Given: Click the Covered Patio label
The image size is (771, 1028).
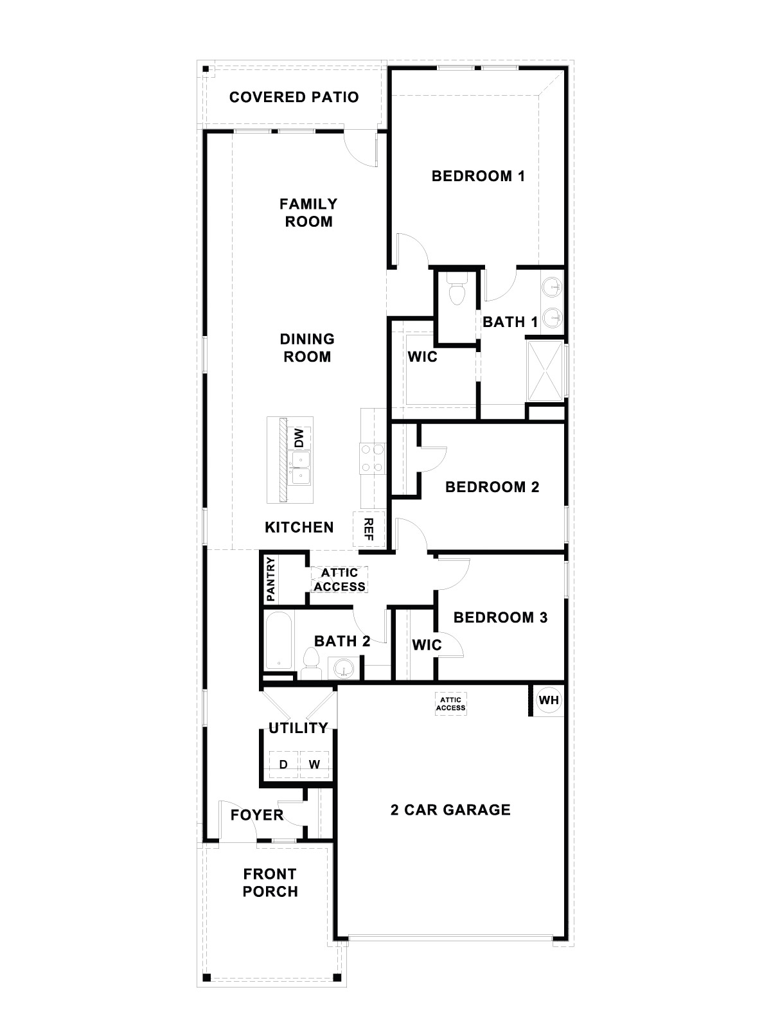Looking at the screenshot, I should [294, 97].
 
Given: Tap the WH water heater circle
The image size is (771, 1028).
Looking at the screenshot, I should [548, 700].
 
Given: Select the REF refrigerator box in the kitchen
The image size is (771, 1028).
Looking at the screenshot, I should [369, 529].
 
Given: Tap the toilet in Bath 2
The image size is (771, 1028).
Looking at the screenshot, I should [312, 663].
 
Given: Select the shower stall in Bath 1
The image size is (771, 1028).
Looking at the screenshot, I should [545, 371].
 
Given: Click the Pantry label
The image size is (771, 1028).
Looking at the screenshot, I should [270, 579].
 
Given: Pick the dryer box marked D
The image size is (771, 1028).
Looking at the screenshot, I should [283, 765].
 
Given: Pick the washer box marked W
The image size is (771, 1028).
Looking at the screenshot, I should [314, 765].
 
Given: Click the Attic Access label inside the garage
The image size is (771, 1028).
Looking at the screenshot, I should [450, 704].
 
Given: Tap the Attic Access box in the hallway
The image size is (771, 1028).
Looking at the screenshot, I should [339, 580].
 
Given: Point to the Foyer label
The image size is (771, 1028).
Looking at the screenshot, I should [257, 815].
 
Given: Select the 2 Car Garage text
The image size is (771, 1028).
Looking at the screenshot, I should [450, 810].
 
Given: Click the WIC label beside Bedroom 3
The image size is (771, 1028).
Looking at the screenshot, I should [427, 644].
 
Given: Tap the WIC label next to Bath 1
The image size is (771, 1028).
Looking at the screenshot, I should [422, 357].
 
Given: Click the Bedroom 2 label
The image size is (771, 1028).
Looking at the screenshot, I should [492, 487].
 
